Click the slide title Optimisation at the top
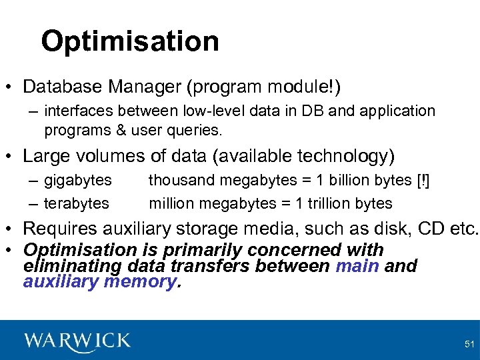tap(129, 41)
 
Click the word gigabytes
tap(78, 180)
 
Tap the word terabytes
tap(77, 203)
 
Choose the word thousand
tap(175, 180)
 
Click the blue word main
tap(357, 266)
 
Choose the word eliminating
tap(71, 266)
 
